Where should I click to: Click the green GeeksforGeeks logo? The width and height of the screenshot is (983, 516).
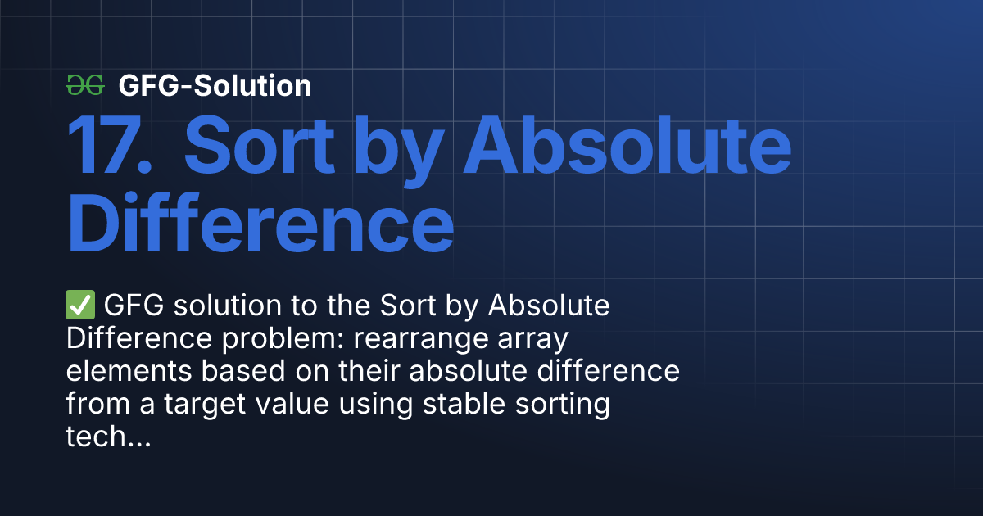[85, 85]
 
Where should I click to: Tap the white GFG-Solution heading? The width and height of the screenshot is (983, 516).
[215, 85]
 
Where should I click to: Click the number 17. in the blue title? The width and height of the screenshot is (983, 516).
[109, 145]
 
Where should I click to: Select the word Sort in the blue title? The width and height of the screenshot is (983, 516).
[260, 145]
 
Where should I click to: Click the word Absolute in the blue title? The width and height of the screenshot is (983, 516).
[627, 145]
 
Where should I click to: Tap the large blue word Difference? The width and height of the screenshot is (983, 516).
[260, 223]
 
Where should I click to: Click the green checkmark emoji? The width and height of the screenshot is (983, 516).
[80, 305]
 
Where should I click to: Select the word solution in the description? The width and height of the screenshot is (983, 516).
[228, 305]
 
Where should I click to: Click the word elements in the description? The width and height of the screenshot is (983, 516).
[129, 371]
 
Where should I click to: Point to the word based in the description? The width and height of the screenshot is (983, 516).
[243, 371]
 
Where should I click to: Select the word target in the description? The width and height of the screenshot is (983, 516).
[205, 405]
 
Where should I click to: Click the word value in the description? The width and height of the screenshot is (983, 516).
[292, 404]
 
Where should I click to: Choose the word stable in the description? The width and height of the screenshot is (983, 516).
[464, 404]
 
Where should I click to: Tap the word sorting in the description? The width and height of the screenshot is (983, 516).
[563, 405]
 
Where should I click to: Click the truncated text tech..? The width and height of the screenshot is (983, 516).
[108, 436]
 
